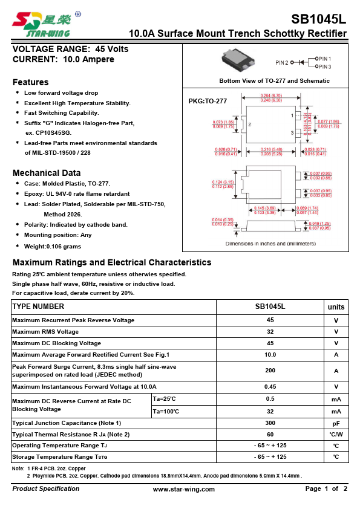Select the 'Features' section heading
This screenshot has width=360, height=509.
coord(31,82)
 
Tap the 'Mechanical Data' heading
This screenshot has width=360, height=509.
coord(47,173)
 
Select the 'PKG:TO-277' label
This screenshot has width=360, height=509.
coord(208,101)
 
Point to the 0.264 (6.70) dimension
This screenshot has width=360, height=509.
coord(271,96)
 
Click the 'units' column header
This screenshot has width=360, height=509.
coord(336,306)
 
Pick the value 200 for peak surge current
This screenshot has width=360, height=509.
coord(270,371)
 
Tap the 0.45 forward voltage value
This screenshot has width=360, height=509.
coord(270,386)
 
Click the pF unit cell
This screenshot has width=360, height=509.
coord(336,423)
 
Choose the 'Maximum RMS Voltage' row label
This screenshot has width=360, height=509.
coord(45,331)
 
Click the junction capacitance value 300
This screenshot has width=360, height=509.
coord(270,423)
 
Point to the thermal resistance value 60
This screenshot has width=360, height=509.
coord(270,434)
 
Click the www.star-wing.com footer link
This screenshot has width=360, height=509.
coord(183,489)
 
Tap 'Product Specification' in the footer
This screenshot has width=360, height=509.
coord(46,488)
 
